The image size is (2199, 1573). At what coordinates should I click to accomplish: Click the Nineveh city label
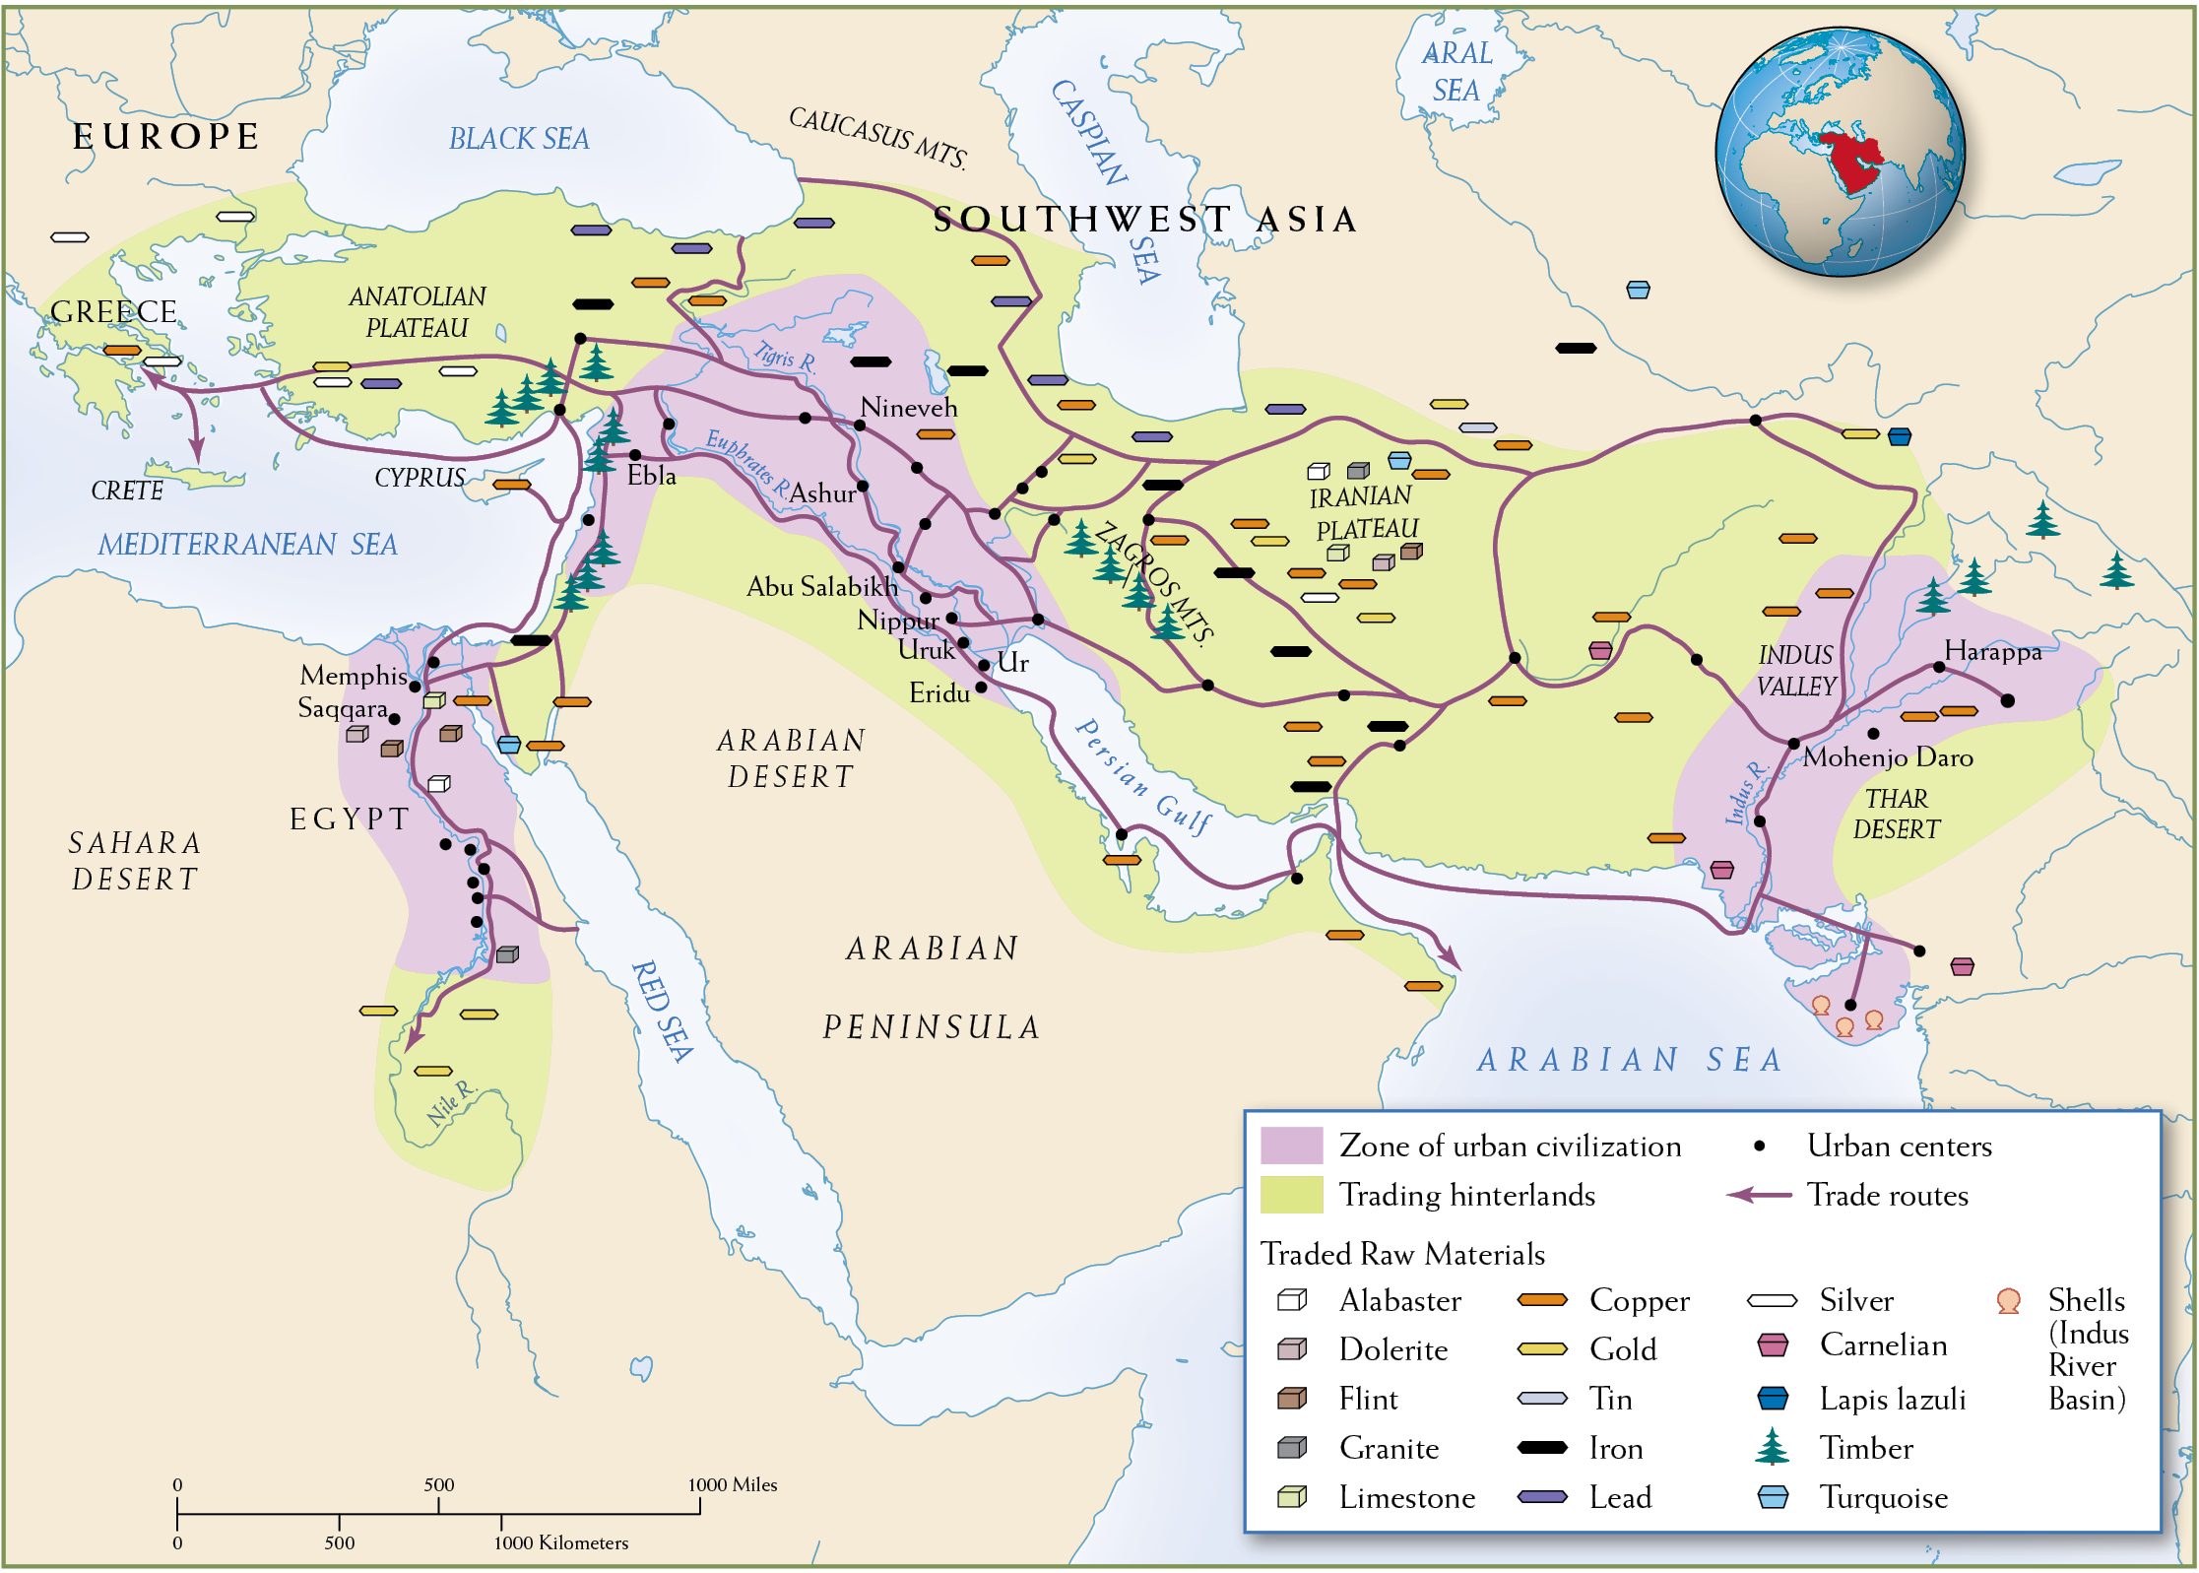(908, 408)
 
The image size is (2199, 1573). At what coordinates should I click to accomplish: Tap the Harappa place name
(1992, 651)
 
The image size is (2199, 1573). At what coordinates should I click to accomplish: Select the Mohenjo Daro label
(1888, 757)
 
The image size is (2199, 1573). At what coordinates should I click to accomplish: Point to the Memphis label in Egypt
(353, 676)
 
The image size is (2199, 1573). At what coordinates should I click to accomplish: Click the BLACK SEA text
(519, 139)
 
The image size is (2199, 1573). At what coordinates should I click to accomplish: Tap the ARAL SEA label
(1456, 71)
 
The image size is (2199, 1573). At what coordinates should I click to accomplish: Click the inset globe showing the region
(1840, 152)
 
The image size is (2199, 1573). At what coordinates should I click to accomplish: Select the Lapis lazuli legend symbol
(1772, 1398)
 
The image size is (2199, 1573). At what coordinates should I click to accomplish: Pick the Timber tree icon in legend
(1772, 1446)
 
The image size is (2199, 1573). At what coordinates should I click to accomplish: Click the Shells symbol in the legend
(2008, 1300)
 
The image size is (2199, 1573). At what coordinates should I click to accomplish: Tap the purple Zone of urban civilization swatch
(1291, 1146)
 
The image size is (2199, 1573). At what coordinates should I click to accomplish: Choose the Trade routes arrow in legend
(1759, 1195)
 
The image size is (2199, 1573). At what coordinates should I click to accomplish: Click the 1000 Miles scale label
(732, 1484)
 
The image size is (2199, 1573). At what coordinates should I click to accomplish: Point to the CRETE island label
(127, 491)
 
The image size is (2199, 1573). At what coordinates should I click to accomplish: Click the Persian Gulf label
(1142, 777)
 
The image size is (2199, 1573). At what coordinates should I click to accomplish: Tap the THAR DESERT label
(1896, 814)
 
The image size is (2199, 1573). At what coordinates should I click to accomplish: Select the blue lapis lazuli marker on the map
(1899, 435)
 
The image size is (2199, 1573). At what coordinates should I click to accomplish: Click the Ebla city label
(651, 476)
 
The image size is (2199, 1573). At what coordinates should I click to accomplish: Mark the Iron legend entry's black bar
(1541, 1447)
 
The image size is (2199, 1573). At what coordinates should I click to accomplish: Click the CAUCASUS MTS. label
(877, 137)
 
